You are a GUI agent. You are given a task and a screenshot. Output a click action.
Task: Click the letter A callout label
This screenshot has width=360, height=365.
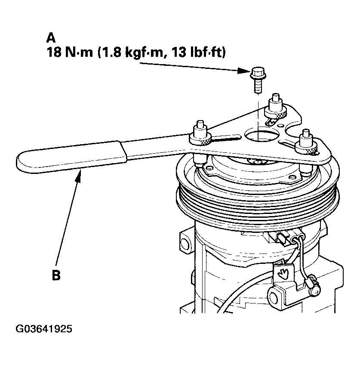pyautogui.click(x=51, y=38)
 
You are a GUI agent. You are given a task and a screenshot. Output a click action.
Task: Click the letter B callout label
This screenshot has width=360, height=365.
pyautogui.click(x=56, y=275)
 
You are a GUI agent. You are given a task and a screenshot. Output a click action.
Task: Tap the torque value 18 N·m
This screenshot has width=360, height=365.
pyautogui.click(x=70, y=52)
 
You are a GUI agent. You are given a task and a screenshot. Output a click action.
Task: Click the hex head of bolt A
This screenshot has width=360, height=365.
pyautogui.click(x=258, y=73)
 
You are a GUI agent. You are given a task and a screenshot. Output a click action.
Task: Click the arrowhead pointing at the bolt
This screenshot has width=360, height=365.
pyautogui.click(x=243, y=70)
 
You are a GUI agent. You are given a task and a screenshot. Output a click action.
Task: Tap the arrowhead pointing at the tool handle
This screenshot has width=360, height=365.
pyautogui.click(x=79, y=176)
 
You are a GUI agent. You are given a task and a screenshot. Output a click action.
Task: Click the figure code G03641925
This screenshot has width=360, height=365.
pyautogui.click(x=44, y=329)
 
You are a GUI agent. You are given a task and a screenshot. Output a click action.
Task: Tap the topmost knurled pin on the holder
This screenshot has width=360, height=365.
pyautogui.click(x=276, y=107)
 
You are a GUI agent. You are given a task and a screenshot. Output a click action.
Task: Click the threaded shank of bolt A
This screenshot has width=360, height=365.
pyautogui.click(x=258, y=85)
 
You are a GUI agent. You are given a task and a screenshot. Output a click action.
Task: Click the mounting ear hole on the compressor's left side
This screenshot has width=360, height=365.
pyautogui.click(x=185, y=244)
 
